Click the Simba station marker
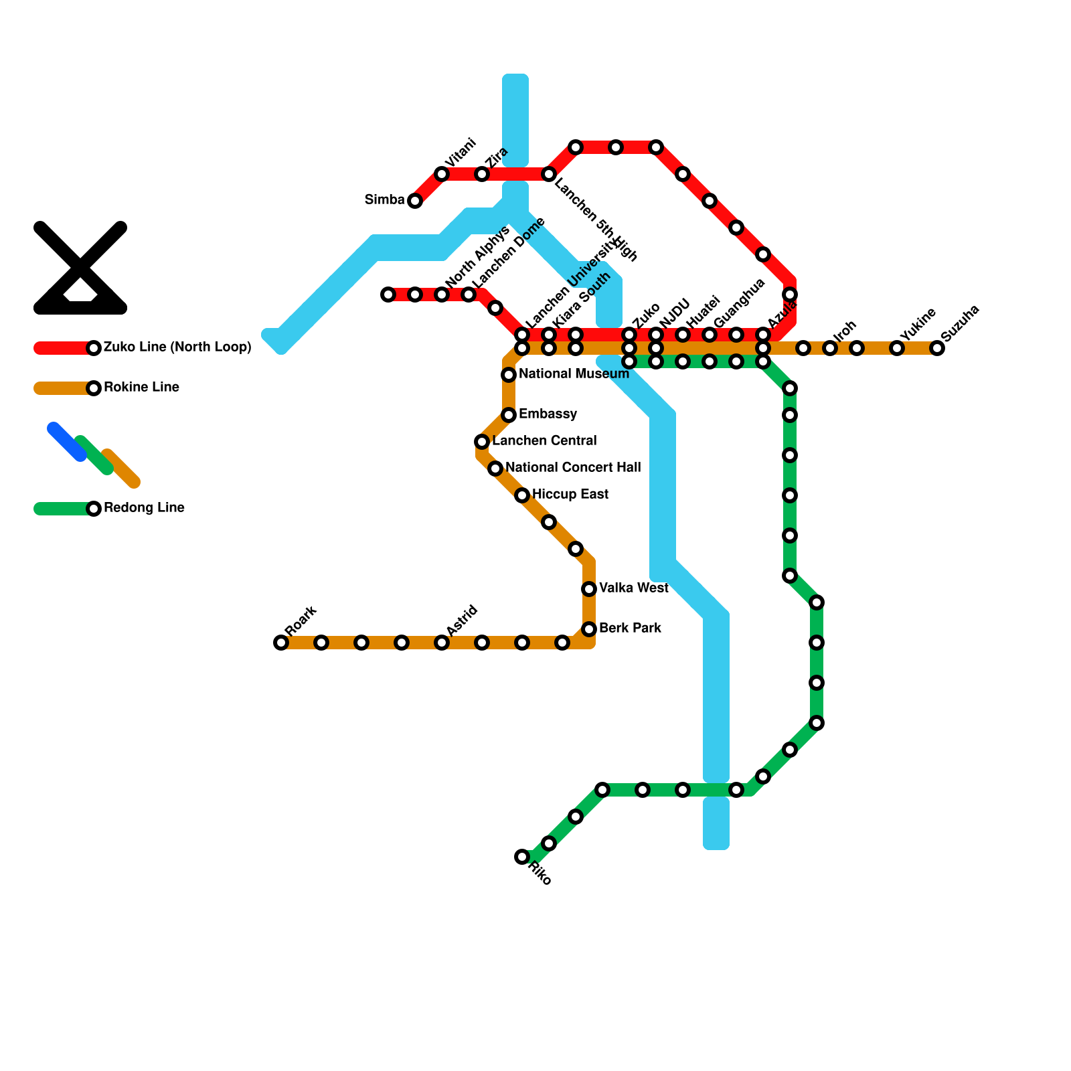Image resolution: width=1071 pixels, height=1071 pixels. point(415,201)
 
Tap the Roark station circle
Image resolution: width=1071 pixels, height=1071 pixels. point(281,643)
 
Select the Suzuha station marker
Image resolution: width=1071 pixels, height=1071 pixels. point(937,348)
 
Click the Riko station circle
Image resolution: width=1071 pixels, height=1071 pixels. point(522,857)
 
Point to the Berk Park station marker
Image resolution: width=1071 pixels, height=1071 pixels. point(589,629)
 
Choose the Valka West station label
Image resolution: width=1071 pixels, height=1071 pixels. point(633,588)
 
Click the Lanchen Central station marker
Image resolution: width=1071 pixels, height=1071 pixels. point(482,442)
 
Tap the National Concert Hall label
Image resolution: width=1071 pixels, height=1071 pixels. point(573,468)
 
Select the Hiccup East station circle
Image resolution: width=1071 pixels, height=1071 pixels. point(522,495)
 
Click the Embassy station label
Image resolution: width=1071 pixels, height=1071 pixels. point(548,414)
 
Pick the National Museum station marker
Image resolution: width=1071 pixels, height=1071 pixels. point(509,375)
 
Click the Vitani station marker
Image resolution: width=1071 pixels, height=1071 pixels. point(442,174)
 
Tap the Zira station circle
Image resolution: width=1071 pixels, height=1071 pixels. point(482,174)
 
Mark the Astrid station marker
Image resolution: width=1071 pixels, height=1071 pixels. point(442,643)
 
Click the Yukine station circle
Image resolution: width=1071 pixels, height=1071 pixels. point(897,348)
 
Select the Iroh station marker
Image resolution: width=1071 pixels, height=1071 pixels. point(830,348)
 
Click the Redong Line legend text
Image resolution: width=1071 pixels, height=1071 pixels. point(144,508)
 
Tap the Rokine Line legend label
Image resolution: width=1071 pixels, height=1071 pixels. point(141,388)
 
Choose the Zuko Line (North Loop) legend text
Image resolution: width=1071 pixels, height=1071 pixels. point(177,347)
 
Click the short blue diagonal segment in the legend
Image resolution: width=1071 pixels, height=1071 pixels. point(67,442)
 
